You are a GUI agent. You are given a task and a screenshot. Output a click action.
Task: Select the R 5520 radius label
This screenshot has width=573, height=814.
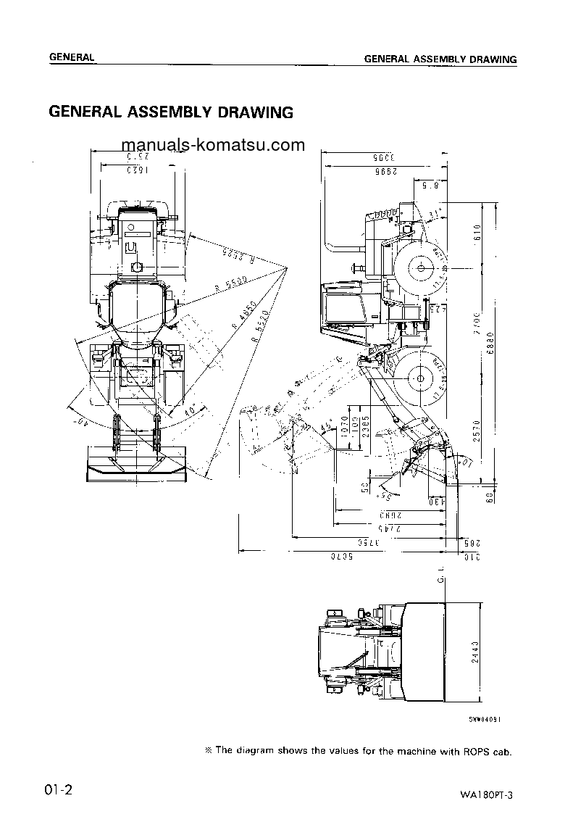click(x=257, y=326)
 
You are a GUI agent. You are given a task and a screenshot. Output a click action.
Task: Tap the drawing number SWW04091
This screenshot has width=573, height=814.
click(x=485, y=718)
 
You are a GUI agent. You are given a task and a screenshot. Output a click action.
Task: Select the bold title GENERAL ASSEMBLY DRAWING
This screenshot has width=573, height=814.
click(x=170, y=112)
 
